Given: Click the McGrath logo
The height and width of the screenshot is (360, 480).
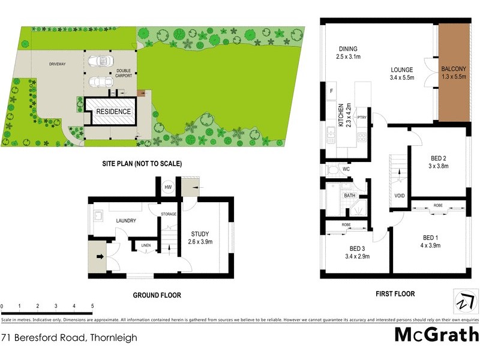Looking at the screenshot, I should coord(436,334).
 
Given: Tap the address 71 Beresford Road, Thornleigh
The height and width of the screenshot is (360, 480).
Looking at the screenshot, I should coord(69,338).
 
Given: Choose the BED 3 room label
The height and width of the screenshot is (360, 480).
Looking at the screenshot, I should coord(359,252).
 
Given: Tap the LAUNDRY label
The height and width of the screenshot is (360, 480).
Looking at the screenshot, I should coord(126,221).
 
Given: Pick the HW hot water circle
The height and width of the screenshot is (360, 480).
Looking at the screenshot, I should coord(167,187).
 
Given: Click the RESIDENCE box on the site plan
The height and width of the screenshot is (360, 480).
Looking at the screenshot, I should coord(113,112).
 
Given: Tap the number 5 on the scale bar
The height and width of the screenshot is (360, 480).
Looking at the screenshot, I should coord(92,306).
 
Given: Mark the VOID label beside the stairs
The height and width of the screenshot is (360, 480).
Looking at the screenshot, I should coord(399,196).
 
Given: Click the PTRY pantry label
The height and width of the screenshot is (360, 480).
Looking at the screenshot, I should coord(361,117).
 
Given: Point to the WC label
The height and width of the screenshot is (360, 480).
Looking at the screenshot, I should coord(346,169).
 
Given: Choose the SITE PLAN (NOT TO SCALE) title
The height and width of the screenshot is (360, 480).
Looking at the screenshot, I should coord(142,163).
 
